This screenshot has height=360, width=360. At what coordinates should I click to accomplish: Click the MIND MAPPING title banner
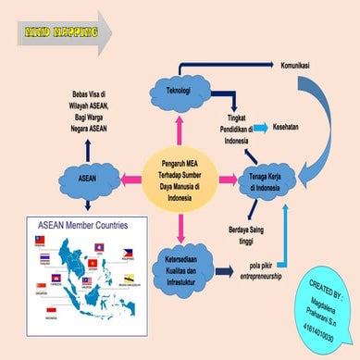coord(57,34)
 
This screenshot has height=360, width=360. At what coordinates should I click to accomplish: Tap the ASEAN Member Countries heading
coord(81,225)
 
